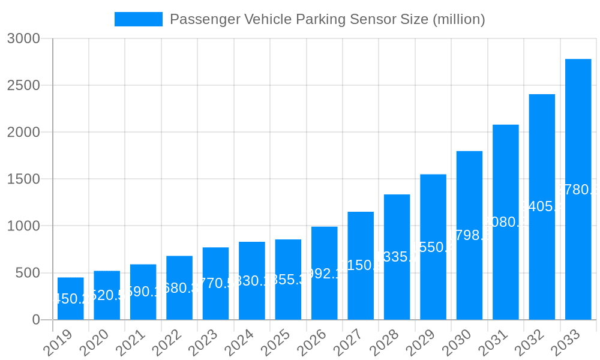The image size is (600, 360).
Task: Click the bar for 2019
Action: (71, 298)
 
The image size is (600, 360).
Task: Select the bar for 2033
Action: (578, 189)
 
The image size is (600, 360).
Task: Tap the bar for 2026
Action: (324, 273)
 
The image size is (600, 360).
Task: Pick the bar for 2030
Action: (469, 235)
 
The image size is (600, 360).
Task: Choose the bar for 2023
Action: (215, 283)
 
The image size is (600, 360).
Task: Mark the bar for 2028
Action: (397, 257)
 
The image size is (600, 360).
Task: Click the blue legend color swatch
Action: (139, 19)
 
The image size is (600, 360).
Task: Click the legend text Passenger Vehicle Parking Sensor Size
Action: (327, 19)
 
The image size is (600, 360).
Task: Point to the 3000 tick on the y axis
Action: (23, 38)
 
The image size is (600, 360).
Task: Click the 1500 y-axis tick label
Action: (23, 179)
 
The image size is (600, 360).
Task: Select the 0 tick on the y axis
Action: (35, 320)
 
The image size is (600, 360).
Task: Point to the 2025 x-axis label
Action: (278, 343)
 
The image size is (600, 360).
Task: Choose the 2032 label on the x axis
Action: (532, 343)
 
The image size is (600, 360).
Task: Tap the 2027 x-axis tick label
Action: (351, 343)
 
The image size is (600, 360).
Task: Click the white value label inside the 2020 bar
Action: (107, 295)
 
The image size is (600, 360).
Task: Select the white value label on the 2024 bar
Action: (252, 281)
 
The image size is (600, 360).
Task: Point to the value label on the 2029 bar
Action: (433, 247)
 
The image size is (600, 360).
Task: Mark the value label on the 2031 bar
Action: (506, 222)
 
